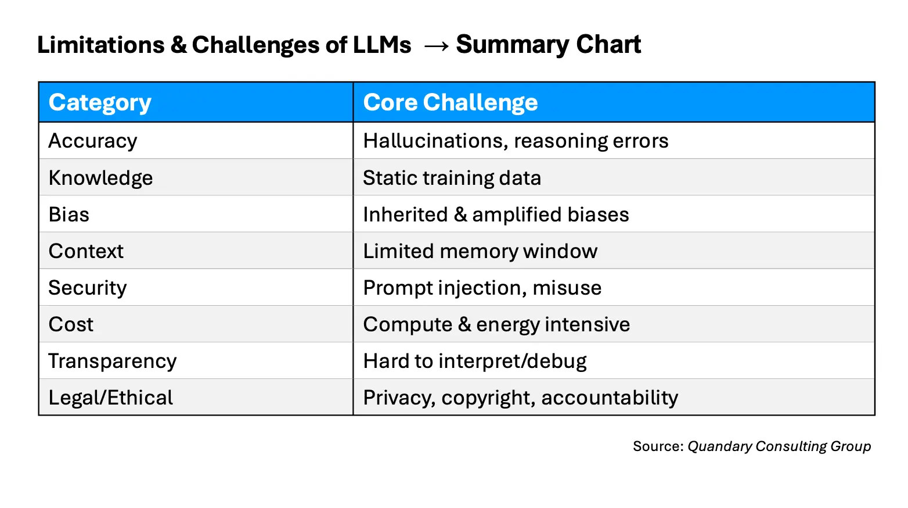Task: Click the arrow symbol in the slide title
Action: point(436,46)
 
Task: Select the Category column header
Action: point(100,102)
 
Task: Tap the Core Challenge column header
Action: point(450,102)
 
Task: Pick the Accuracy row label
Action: point(93,141)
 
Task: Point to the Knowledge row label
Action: point(100,178)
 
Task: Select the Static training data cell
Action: point(452,178)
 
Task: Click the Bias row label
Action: point(69,214)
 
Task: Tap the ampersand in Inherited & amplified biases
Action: point(460,214)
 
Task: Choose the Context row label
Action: point(86,251)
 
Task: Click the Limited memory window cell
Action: point(480,251)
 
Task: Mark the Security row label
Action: point(88,288)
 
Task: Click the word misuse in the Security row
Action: point(567,288)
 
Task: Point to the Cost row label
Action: point(71,324)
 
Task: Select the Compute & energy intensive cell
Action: point(496,324)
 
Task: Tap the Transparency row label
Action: point(113,361)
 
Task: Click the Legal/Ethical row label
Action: point(111,398)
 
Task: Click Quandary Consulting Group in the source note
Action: point(779,446)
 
